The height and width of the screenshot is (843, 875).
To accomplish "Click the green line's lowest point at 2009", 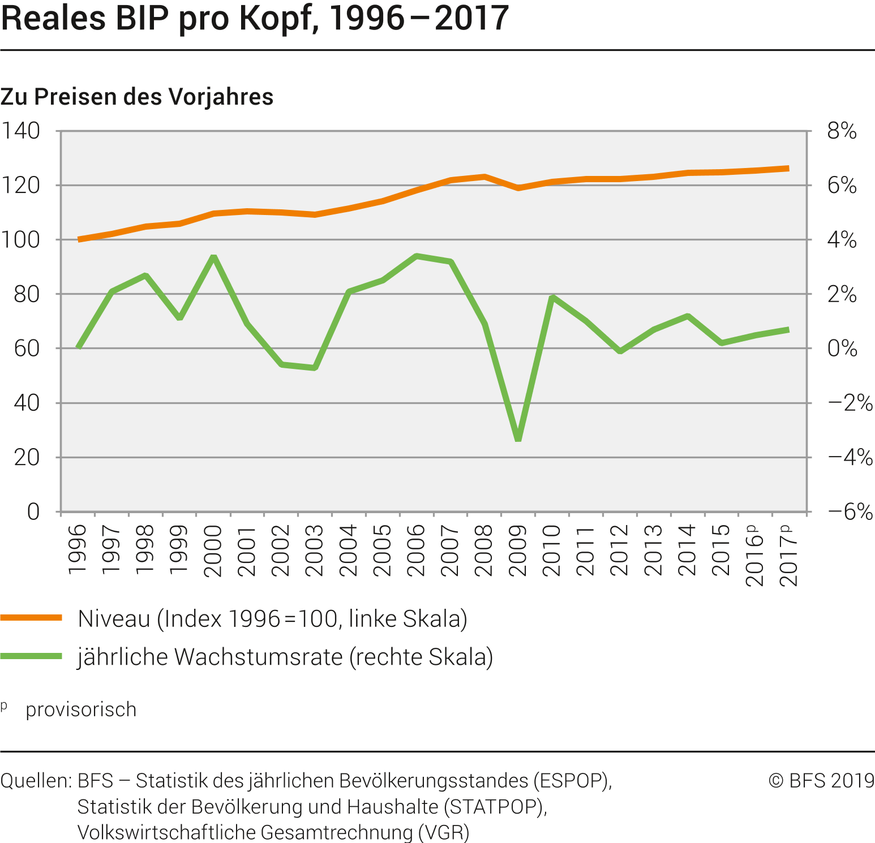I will [518, 438].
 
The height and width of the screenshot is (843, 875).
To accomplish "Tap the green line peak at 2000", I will [214, 257].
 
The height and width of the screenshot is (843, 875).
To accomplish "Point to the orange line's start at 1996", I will [79, 239].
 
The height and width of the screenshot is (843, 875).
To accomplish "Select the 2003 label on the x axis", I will [315, 550].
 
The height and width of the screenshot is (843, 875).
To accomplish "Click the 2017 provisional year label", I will [788, 554].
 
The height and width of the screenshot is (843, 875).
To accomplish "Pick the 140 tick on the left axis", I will [21, 131].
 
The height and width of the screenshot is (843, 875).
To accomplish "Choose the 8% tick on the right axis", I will [842, 131].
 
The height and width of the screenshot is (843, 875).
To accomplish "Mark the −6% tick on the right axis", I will [850, 511].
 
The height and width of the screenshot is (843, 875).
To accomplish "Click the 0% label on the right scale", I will [842, 349].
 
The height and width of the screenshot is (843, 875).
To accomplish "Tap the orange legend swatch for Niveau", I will [31, 618].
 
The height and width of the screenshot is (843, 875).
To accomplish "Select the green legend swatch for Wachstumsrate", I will [31, 656].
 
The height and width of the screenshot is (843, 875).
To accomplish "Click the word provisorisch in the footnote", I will [81, 709].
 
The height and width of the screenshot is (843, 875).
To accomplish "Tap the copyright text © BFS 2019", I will [821, 781].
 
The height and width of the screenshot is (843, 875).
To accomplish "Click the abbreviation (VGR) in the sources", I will [444, 832].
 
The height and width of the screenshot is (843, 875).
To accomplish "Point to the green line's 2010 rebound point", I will [552, 297].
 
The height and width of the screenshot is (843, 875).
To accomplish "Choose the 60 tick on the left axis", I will [27, 349].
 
